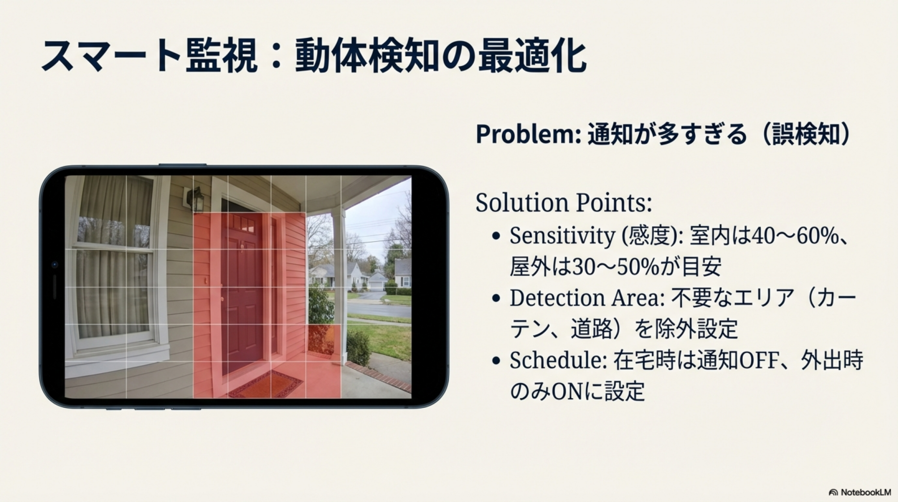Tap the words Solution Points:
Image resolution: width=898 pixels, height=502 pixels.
[x=564, y=203]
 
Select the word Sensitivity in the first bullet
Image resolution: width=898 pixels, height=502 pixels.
[x=562, y=236]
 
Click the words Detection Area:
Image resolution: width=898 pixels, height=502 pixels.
[x=587, y=298]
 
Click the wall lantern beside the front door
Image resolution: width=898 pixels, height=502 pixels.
[x=196, y=199]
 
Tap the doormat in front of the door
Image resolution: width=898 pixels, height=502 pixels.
[x=266, y=384]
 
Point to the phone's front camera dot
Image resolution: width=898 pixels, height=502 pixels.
[x=54, y=265]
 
